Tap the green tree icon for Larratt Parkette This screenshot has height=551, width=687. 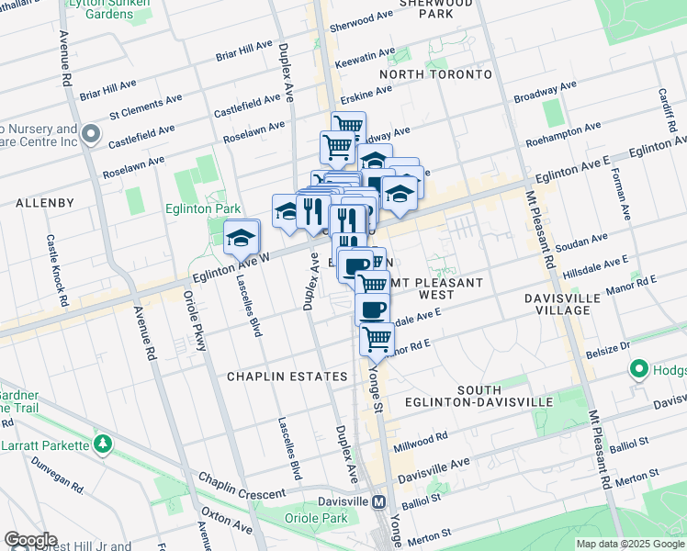tap(103, 444)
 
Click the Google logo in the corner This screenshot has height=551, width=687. tap(30, 540)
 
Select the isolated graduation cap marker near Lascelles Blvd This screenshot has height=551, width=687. tap(241, 237)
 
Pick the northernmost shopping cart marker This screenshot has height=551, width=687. tap(348, 125)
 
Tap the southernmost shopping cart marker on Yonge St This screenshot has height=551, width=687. tap(377, 339)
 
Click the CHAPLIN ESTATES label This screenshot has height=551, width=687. tap(288, 377)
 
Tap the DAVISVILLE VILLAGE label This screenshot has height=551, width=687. tap(569, 304)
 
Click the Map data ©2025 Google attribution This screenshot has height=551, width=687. tap(630, 544)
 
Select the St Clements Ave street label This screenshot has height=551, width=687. tap(141, 114)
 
